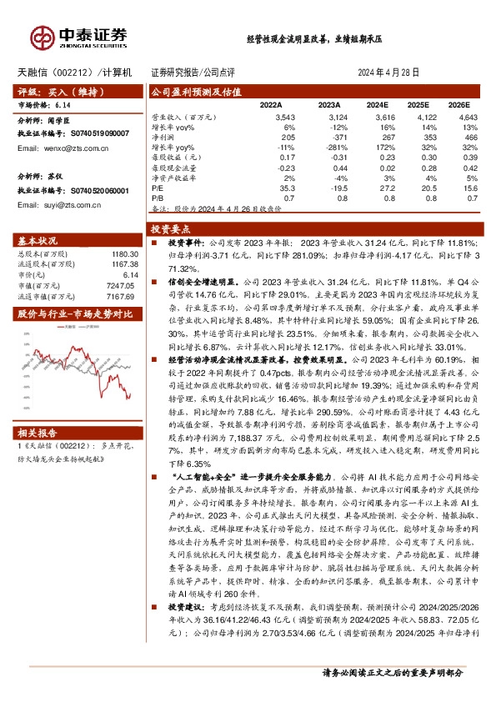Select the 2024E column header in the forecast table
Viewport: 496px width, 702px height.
pyautogui.click(x=378, y=105)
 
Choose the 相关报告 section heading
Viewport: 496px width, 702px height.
pyautogui.click(x=37, y=433)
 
